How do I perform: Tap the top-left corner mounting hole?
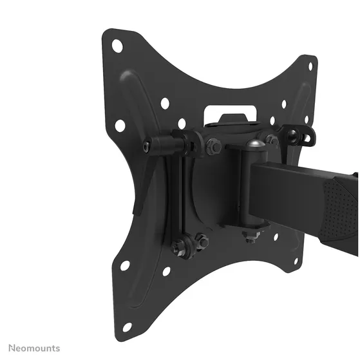pos(117,46)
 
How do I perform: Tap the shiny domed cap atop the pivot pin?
pos(256,142)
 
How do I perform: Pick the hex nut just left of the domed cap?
pos(215,147)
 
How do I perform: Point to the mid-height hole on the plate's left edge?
pos(120,126)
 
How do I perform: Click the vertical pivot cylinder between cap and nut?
pos(252,187)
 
